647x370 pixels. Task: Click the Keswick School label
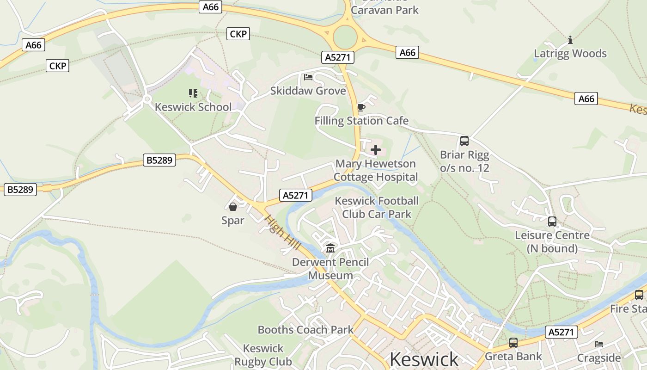coord(193,107)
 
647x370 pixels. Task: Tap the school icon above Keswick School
coord(193,93)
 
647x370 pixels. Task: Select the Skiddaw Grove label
coord(308,91)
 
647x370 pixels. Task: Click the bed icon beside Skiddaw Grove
coord(308,77)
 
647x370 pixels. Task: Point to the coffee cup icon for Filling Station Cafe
coord(361,108)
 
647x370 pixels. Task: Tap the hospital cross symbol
coord(376,150)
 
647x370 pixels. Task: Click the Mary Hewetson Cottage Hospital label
coord(375,170)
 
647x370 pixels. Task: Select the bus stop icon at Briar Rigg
coord(464,141)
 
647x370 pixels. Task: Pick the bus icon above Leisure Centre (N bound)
coord(552,222)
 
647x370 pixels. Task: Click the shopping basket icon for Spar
coord(233,207)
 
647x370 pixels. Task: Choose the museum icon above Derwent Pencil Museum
coord(330,249)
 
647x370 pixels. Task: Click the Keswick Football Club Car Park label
coord(377,207)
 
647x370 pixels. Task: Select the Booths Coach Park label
coord(305,330)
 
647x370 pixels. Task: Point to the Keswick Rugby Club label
coord(263,355)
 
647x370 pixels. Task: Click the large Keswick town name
coord(424,359)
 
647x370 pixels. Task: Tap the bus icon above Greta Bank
coord(513,343)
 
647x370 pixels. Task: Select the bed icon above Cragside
coord(599,344)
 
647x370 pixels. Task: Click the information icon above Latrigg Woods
coord(570,40)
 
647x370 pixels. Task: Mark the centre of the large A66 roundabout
coord(345,37)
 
